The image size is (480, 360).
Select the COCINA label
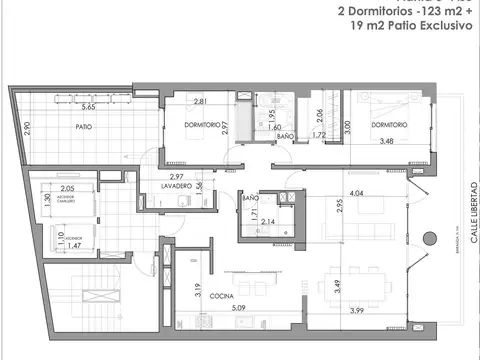pos(221,296)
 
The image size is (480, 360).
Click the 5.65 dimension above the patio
pos(88,107)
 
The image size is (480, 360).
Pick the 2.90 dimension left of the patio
pos(28,128)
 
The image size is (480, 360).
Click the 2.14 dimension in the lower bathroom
pos(267,221)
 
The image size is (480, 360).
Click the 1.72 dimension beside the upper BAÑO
pos(319,135)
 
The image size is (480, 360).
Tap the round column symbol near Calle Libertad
pos(429,239)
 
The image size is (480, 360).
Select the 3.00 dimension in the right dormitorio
pos(348,127)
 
